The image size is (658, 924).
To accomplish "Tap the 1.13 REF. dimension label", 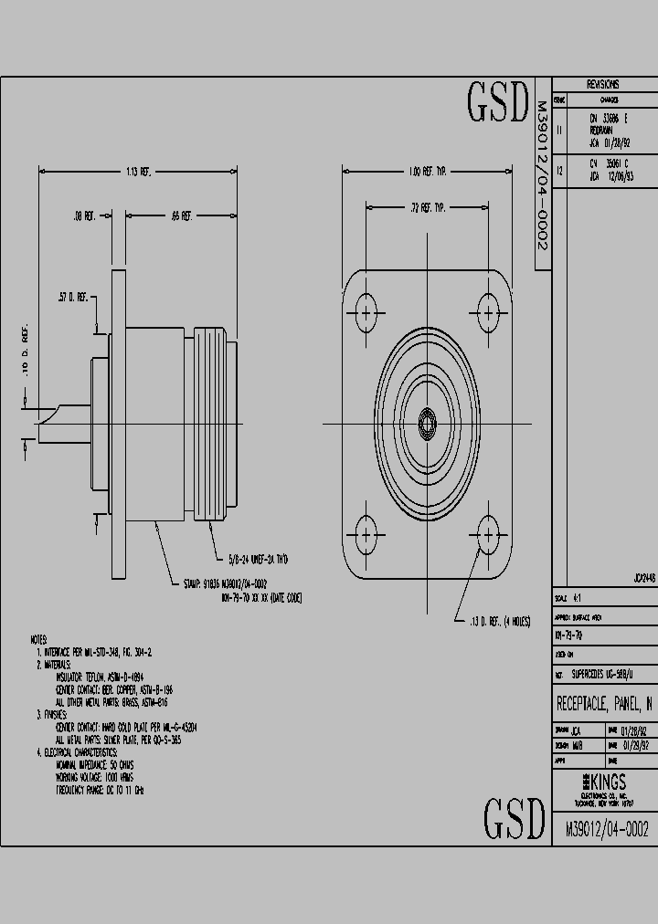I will coord(140,171).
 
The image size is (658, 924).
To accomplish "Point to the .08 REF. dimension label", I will coord(85,216).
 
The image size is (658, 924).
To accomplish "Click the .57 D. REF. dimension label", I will coord(74,297).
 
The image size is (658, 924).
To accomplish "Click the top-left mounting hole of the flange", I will coord(367,310).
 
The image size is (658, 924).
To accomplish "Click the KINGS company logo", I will coord(604,782).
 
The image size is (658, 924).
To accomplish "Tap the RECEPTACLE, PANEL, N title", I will coord(604,704).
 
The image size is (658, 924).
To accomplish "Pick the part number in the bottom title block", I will coord(607,829).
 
